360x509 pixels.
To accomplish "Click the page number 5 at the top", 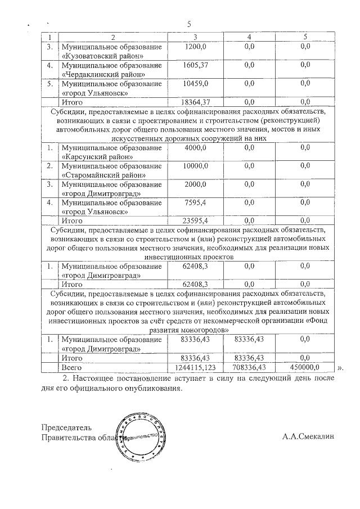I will (x=189, y=24).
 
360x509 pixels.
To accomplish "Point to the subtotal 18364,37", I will (x=193, y=102).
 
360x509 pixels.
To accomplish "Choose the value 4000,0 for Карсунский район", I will (x=195, y=147).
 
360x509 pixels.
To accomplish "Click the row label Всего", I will (x=71, y=367).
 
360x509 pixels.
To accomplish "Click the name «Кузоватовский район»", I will (x=98, y=56).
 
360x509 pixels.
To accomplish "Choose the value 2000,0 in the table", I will (x=195, y=184).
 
